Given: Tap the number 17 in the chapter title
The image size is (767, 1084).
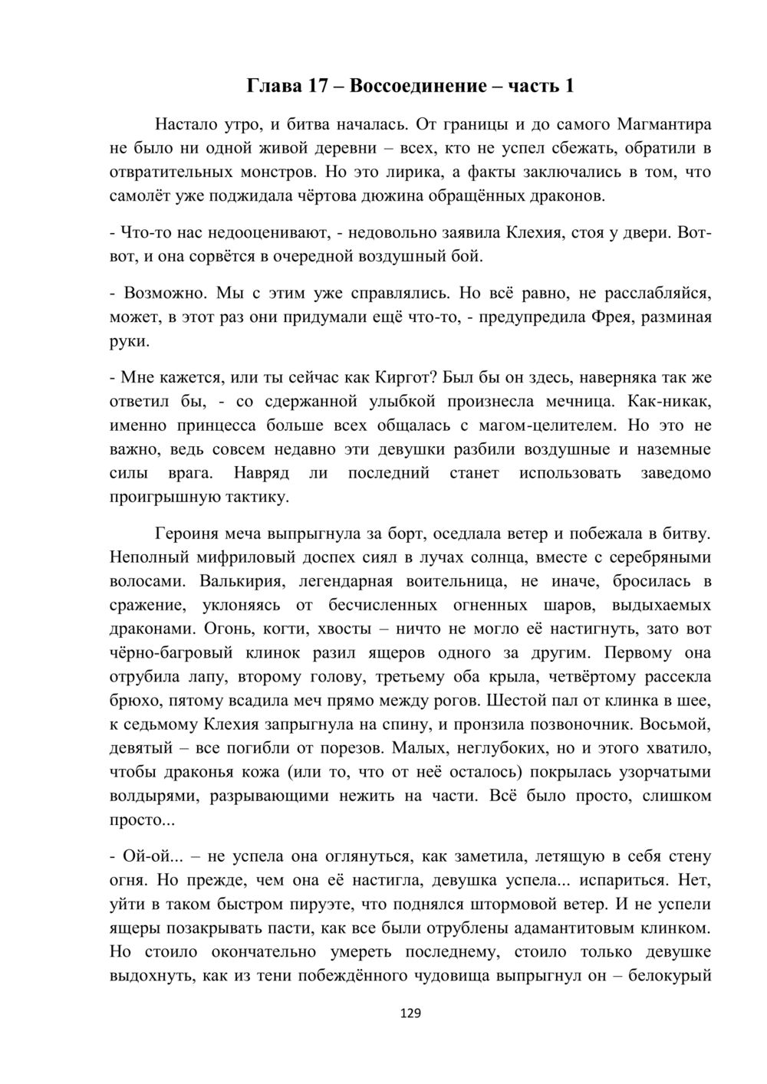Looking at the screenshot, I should [x=319, y=86].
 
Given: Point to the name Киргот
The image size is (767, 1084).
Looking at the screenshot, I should [x=407, y=377].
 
